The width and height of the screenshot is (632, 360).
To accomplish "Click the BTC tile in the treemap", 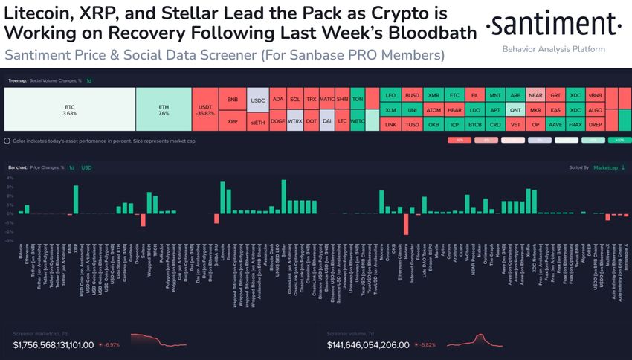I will pyautogui.click(x=70, y=110).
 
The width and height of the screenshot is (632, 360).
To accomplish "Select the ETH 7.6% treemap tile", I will pyautogui.click(x=164, y=110).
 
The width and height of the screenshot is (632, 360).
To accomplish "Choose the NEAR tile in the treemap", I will pyautogui.click(x=535, y=96).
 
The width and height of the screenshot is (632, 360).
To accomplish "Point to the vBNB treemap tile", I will pyautogui.click(x=596, y=96).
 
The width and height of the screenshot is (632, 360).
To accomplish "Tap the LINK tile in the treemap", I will pyautogui.click(x=390, y=124).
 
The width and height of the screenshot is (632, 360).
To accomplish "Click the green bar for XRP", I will pyautogui.click(x=76, y=199).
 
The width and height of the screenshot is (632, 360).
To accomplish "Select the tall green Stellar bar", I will pyautogui.click(x=283, y=196).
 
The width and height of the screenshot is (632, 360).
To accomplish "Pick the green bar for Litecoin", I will pyautogui.click(x=222, y=198).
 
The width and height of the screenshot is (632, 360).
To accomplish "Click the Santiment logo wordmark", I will pyautogui.click(x=553, y=26).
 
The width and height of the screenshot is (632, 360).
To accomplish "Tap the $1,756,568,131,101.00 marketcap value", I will pyautogui.click(x=54, y=344).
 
